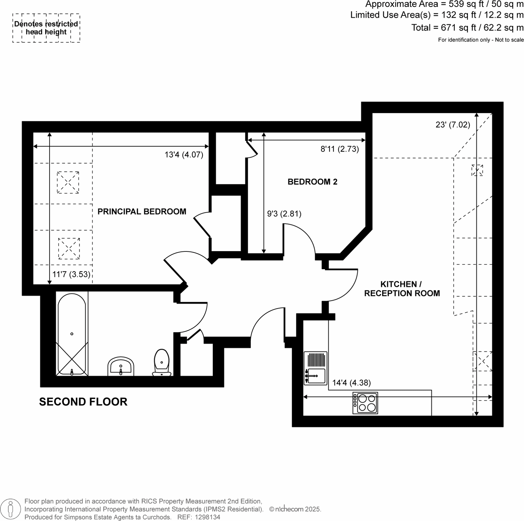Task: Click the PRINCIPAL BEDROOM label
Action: [x=142, y=212]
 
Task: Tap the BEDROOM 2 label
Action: [x=312, y=182]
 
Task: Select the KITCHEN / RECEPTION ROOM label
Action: [x=402, y=289]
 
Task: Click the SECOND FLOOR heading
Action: [x=83, y=402]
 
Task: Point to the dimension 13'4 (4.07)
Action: [x=184, y=155]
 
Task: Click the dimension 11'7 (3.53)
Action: [x=71, y=274]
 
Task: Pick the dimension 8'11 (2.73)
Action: [x=340, y=149]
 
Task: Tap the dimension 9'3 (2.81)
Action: [x=284, y=214]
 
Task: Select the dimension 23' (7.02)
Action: [x=453, y=125]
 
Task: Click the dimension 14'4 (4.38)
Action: [x=351, y=383]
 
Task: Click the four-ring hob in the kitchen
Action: [x=365, y=403]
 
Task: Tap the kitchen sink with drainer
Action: [x=315, y=368]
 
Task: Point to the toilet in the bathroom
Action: [x=162, y=362]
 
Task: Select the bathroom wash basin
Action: [x=121, y=366]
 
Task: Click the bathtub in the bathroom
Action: [x=72, y=333]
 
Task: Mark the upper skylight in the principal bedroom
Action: [x=68, y=182]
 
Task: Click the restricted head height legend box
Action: [x=46, y=28]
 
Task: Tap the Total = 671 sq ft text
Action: [x=467, y=28]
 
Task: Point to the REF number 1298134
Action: [x=199, y=517]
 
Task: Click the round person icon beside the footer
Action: [x=10, y=509]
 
